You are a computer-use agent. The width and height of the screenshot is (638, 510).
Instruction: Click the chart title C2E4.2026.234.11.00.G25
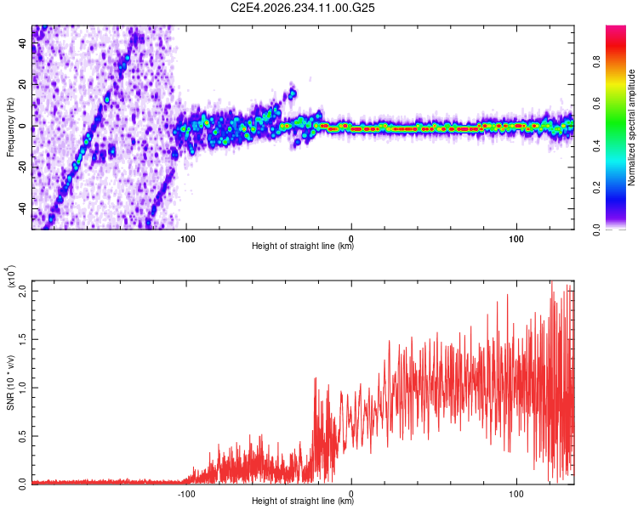tap(302, 8)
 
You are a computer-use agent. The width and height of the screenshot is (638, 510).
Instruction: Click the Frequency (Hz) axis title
tap(10, 127)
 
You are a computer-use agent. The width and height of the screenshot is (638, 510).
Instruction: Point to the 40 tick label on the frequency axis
tap(23, 43)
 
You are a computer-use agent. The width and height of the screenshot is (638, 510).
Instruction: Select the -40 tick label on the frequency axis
tap(23, 210)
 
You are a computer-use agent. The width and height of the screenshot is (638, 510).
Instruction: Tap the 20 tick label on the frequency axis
tap(23, 85)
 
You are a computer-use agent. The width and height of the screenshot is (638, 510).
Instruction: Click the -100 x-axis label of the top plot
tap(186, 239)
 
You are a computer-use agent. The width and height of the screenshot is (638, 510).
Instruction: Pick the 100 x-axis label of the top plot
tap(516, 239)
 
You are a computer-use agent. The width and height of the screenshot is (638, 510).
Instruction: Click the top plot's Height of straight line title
tap(303, 246)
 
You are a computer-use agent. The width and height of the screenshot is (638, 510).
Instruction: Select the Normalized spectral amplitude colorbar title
tap(631, 127)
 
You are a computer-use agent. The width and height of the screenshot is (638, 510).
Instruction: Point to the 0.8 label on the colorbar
tap(597, 62)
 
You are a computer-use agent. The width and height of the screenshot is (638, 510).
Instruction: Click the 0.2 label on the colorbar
tap(597, 188)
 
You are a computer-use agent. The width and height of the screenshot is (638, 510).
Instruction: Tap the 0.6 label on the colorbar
tap(597, 104)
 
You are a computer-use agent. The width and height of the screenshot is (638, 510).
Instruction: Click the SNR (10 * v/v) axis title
tap(10, 382)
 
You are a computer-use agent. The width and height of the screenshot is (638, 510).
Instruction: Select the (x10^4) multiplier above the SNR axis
tap(11, 276)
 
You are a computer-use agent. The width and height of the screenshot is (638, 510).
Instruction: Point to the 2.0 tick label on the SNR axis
tap(23, 291)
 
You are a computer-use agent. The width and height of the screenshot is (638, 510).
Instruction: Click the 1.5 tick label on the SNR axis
tap(23, 339)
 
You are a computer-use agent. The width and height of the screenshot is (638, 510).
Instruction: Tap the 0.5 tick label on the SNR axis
tap(23, 436)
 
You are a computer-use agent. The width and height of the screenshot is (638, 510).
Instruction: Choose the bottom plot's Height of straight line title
tap(303, 501)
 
